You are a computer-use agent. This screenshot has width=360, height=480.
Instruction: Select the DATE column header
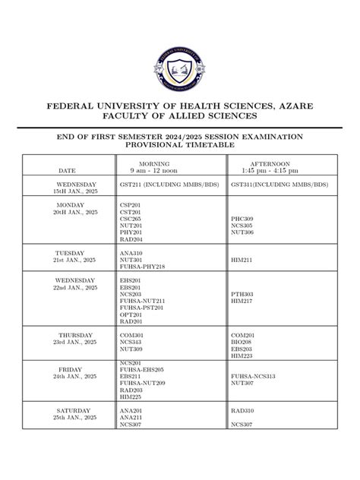pyautogui.click(x=67, y=170)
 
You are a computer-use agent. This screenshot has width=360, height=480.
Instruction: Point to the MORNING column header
pyautogui.click(x=154, y=163)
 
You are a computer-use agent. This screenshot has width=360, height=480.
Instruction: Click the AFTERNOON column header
pyautogui.click(x=270, y=163)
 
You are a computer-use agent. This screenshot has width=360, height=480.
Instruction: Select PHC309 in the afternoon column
pyautogui.click(x=242, y=219)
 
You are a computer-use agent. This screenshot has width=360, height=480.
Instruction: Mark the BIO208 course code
pyautogui.click(x=242, y=342)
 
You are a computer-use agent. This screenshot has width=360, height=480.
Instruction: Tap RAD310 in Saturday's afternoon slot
pyautogui.click(x=242, y=411)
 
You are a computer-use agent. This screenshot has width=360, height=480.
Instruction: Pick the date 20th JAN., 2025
pyautogui.click(x=76, y=212)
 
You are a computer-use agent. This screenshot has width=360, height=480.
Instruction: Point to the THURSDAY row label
pyautogui.click(x=76, y=335)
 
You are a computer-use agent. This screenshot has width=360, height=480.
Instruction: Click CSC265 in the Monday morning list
pyautogui.click(x=131, y=219)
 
